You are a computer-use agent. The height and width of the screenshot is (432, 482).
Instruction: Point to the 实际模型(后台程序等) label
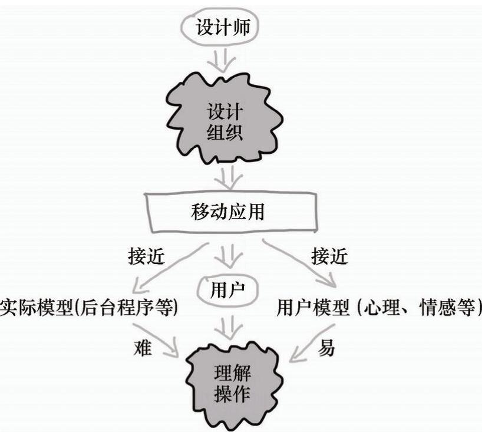click(x=89, y=308)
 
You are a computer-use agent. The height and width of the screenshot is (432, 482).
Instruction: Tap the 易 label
click(x=326, y=347)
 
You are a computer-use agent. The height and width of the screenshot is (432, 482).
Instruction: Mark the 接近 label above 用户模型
click(x=328, y=257)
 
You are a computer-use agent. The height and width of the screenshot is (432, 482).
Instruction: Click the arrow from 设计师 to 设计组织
click(x=224, y=61)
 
